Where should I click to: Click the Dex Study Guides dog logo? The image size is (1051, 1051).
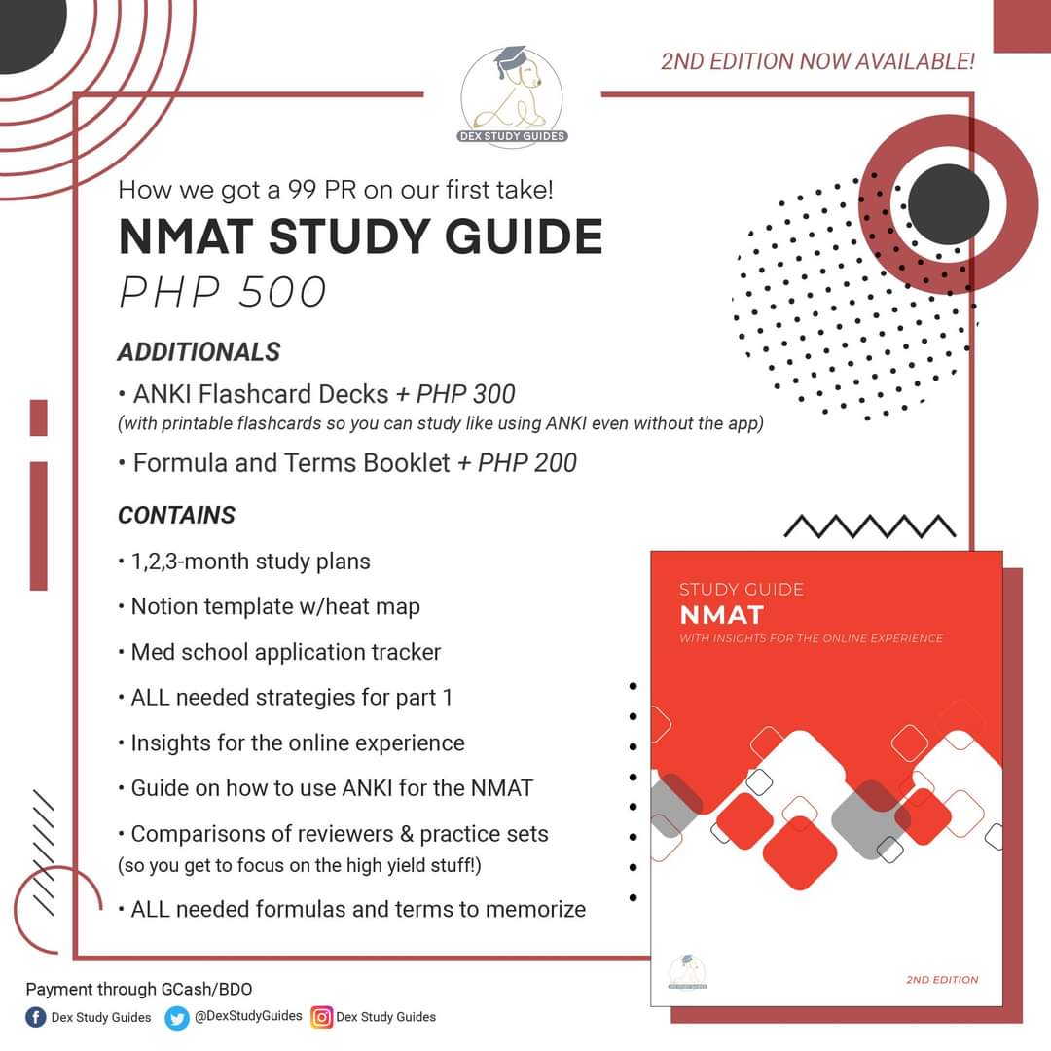coord(512,94)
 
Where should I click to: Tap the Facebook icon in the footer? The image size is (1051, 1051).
coord(36,1017)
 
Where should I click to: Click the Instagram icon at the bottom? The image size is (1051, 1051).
coord(322,1017)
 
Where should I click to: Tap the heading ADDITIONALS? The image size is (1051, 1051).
coord(199,351)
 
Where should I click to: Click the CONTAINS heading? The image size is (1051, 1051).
coord(176,515)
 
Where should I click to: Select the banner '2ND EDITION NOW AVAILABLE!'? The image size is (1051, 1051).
coord(816,62)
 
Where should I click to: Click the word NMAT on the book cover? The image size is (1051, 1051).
coord(721,615)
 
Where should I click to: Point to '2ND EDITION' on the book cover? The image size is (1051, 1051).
coord(941,980)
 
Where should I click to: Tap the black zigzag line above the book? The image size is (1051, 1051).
coord(869,526)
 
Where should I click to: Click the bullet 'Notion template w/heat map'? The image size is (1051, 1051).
coord(275,607)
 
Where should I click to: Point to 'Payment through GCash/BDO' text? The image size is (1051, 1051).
coord(139,990)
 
